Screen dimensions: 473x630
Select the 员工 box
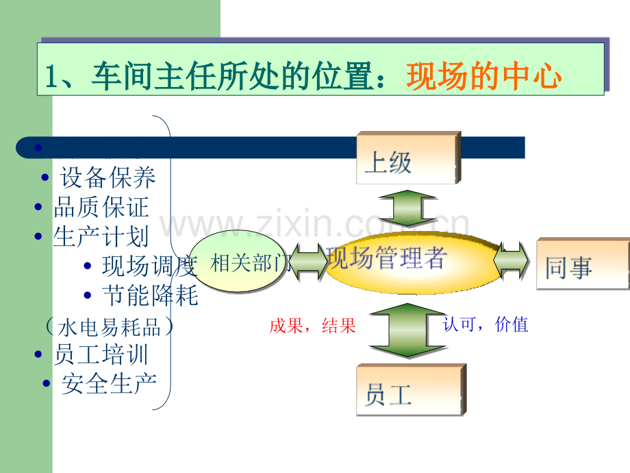click(409, 391)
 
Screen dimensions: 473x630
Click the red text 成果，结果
click(312, 326)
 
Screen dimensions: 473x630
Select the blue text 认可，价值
click(486, 325)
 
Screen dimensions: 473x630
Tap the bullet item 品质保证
click(101, 207)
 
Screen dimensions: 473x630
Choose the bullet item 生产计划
click(101, 236)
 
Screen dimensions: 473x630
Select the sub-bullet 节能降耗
click(149, 295)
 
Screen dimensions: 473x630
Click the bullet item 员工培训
click(101, 354)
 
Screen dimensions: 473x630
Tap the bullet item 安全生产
click(108, 383)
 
